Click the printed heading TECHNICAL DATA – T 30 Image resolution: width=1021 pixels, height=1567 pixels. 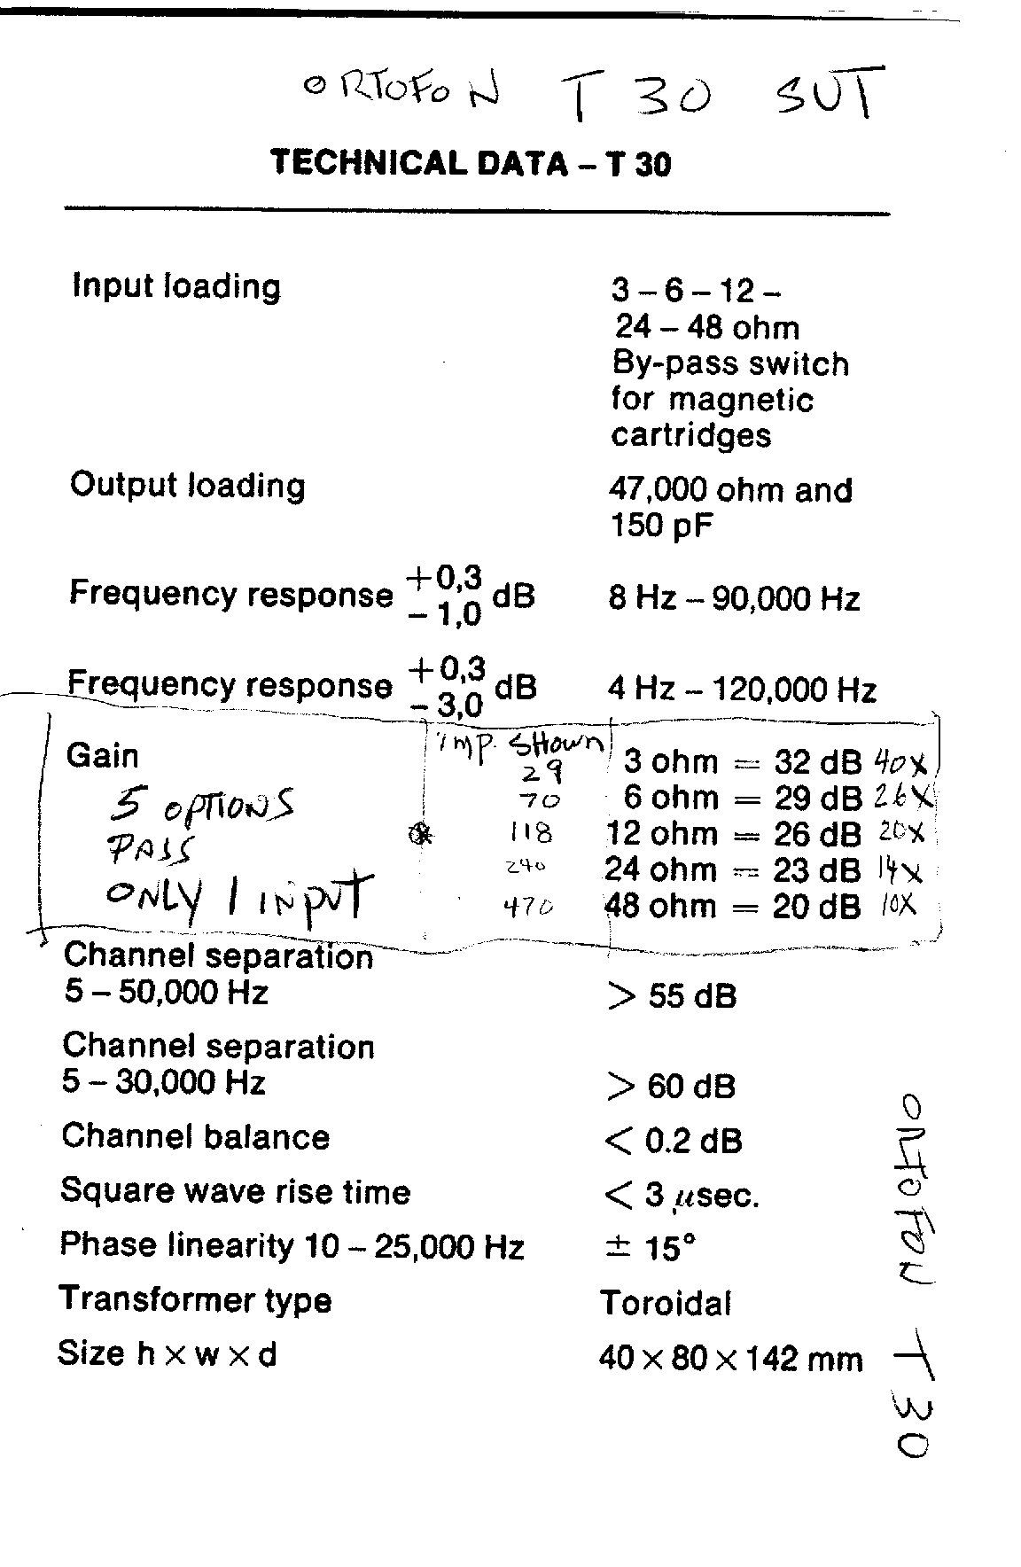tap(471, 163)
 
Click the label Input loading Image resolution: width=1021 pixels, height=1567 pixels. tap(175, 286)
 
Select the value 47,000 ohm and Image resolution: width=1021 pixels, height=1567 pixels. tap(730, 489)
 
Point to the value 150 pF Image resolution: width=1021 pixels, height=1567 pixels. tap(662, 526)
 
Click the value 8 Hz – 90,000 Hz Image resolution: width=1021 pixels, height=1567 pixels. tap(734, 598)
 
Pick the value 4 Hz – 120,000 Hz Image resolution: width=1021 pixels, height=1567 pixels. tap(742, 689)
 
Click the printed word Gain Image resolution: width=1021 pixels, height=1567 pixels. tap(103, 756)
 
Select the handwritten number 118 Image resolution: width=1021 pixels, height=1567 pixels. tap(532, 832)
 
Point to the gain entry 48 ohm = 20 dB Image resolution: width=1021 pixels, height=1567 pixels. tap(732, 906)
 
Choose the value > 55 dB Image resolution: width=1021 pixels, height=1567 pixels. tap(671, 996)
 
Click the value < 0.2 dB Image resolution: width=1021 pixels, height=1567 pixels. tap(673, 1141)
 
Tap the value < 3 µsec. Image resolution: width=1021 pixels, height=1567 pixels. tap(681, 1196)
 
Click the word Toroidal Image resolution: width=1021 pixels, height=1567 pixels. tap(666, 1303)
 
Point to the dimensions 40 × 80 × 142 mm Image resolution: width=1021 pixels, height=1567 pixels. tap(730, 1358)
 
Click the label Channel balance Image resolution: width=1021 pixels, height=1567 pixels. tap(196, 1136)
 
